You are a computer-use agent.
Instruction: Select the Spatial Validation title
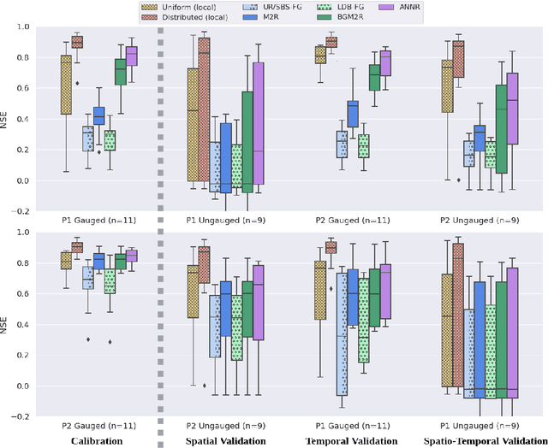[224, 440]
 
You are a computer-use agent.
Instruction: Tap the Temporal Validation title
[351, 440]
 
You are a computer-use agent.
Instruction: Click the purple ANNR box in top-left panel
[132, 55]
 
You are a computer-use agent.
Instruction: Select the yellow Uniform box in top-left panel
[66, 84]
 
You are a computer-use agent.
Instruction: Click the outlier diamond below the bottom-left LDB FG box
[110, 342]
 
